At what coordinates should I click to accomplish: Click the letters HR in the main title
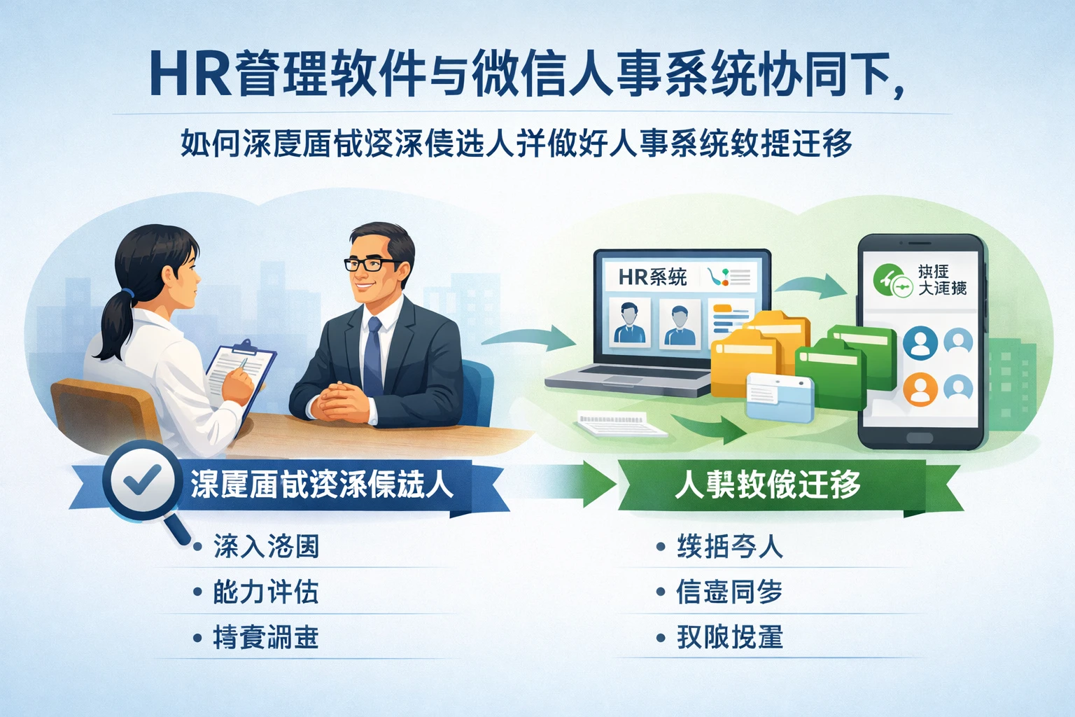190,74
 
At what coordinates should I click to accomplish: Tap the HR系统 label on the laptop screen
652,277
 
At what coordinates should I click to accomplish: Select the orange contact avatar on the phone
920,389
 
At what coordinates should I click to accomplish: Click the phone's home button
919,438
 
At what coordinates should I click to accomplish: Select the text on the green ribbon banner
768,485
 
